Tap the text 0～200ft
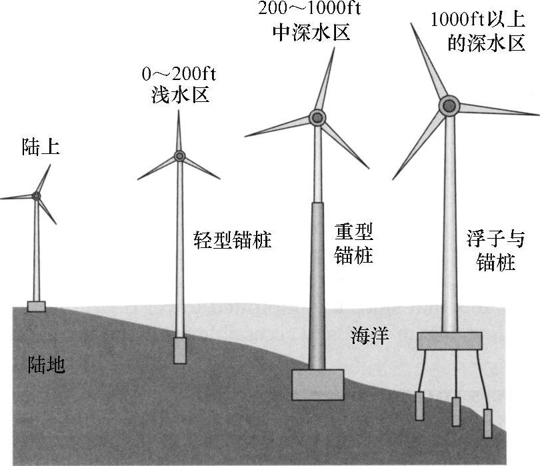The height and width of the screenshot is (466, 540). point(178,73)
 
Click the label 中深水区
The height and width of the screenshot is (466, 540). point(312,32)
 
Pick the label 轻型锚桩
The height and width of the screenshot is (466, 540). point(233,239)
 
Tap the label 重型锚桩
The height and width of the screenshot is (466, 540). point(354,243)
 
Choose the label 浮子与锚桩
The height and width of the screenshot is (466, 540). point(497,251)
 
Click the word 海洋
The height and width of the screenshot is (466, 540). point(370,337)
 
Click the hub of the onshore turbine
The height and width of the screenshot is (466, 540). point(36,195)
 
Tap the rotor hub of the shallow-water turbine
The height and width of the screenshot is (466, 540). point(179,156)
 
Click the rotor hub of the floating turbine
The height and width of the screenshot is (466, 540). point(449,105)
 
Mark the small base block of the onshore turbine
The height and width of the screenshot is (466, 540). point(36,306)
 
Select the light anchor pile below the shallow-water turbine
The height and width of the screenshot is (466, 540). point(179,350)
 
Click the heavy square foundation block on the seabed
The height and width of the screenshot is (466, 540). point(318,385)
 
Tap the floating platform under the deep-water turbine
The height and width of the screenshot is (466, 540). point(449,340)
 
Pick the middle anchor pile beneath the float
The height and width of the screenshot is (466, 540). point(456,412)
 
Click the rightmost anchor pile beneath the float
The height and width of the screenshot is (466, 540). point(487,423)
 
